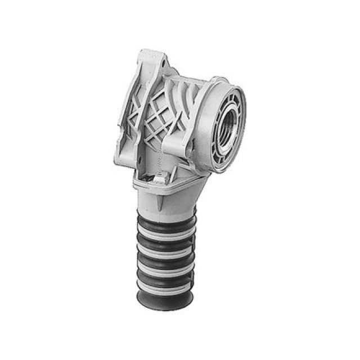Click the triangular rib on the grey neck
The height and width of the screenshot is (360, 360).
tap(164, 200)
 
